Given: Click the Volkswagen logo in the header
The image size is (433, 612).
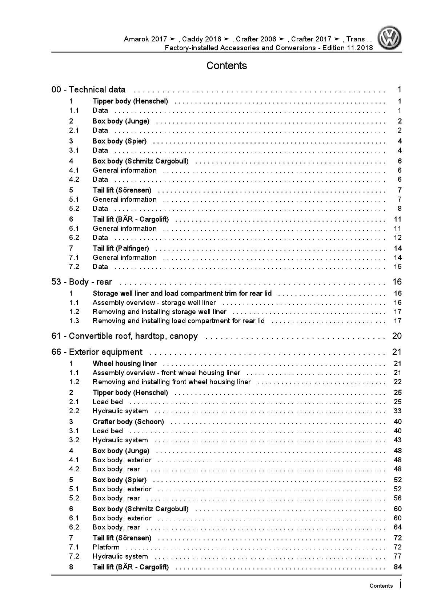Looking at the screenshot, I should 389,38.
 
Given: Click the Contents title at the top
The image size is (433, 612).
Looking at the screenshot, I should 226,66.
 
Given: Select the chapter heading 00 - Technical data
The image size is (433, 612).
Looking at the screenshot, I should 88,90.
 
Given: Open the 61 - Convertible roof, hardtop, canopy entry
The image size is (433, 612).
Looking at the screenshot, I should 124,336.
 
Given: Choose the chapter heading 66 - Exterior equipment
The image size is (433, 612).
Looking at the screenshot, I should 97,352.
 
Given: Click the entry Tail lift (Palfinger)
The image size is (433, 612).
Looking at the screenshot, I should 121,249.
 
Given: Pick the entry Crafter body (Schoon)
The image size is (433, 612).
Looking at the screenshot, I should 128,422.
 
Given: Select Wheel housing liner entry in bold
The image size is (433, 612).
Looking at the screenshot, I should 124,364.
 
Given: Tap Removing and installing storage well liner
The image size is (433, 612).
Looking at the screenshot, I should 159,312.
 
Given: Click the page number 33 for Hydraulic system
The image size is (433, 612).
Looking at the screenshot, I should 397,411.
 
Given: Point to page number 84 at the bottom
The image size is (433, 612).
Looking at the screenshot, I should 397,567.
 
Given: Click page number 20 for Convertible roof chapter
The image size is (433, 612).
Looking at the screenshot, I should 397,336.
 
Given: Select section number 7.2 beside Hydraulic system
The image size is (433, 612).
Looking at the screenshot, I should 74,556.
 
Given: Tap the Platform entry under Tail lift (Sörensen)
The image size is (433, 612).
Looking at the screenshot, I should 106,547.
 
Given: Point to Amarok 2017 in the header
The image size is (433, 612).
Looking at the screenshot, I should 145,39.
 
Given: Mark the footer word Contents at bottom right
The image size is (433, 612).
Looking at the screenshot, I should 381,586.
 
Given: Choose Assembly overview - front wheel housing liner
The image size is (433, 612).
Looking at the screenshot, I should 166,373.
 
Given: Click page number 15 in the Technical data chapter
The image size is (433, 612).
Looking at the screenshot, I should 397,267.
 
